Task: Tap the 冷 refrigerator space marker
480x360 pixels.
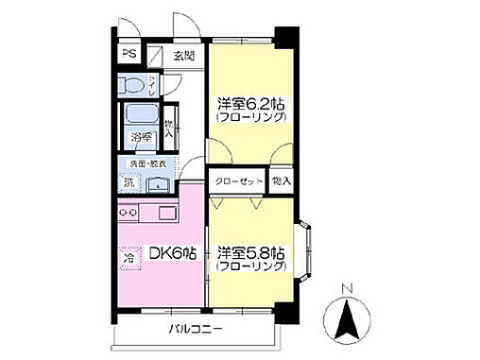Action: [128, 255]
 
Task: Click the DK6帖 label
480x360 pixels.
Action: [172, 252]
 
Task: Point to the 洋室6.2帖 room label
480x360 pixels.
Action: [250, 105]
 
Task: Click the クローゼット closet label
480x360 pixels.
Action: [235, 180]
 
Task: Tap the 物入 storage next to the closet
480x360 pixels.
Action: [281, 180]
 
